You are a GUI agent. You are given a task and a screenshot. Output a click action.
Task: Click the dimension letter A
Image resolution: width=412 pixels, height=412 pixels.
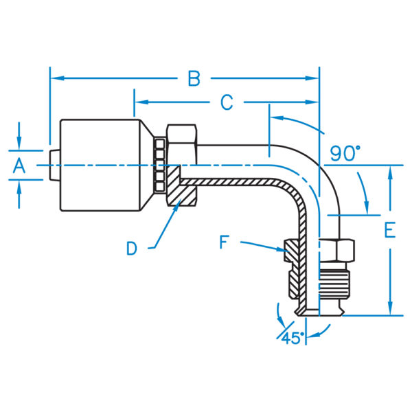pyautogui.click(x=19, y=165)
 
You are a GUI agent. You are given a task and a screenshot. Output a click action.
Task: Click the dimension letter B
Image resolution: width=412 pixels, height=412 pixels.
pyautogui.click(x=194, y=79)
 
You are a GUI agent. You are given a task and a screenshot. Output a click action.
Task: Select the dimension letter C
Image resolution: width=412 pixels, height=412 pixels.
pyautogui.click(x=226, y=103)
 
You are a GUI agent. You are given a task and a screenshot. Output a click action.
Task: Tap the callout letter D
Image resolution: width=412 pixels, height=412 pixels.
pyautogui.click(x=132, y=248)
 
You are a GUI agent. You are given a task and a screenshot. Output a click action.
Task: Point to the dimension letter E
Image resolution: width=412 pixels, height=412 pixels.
pyautogui.click(x=389, y=231)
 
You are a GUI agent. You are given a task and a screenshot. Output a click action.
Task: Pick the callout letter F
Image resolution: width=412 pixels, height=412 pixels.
pyautogui.click(x=225, y=242)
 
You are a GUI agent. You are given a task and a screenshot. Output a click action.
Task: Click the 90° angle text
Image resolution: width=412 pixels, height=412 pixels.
pyautogui.click(x=345, y=153)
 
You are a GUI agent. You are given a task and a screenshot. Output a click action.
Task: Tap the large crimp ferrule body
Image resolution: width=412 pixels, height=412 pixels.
pyautogui.click(x=103, y=165)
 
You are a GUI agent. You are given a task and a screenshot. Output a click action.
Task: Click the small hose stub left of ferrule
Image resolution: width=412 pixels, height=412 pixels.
pyautogui.click(x=54, y=165)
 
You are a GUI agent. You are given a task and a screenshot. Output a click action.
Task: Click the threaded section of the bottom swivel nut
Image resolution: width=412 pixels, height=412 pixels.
pyautogui.click(x=337, y=282)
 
